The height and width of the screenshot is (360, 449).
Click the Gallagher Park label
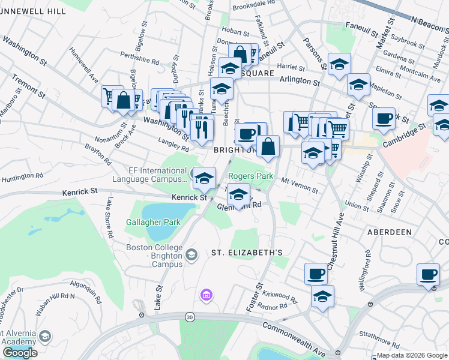click(153, 222)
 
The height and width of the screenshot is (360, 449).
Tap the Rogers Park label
click(250, 176)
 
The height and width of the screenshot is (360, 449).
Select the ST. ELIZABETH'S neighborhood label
click(246, 253)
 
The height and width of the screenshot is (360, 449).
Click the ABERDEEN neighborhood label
click(390, 232)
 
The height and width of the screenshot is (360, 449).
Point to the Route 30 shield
click(190, 316)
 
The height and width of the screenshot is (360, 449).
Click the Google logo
click(20, 352)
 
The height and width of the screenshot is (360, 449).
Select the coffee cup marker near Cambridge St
click(384, 118)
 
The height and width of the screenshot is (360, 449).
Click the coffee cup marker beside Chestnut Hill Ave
click(316, 274)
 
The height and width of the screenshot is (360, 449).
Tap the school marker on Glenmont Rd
click(239, 194)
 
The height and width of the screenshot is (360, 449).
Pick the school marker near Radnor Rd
click(323, 296)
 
